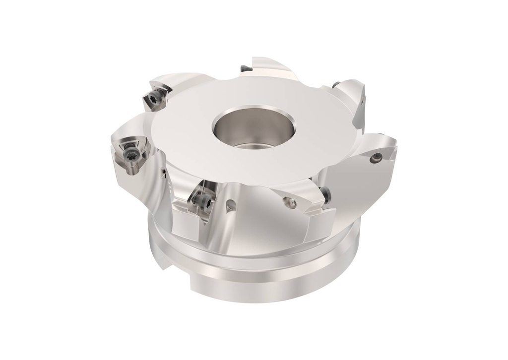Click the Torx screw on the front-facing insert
tap(202, 200)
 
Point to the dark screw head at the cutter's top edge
tap(245, 66)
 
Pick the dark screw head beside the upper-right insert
tap(337, 84)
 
